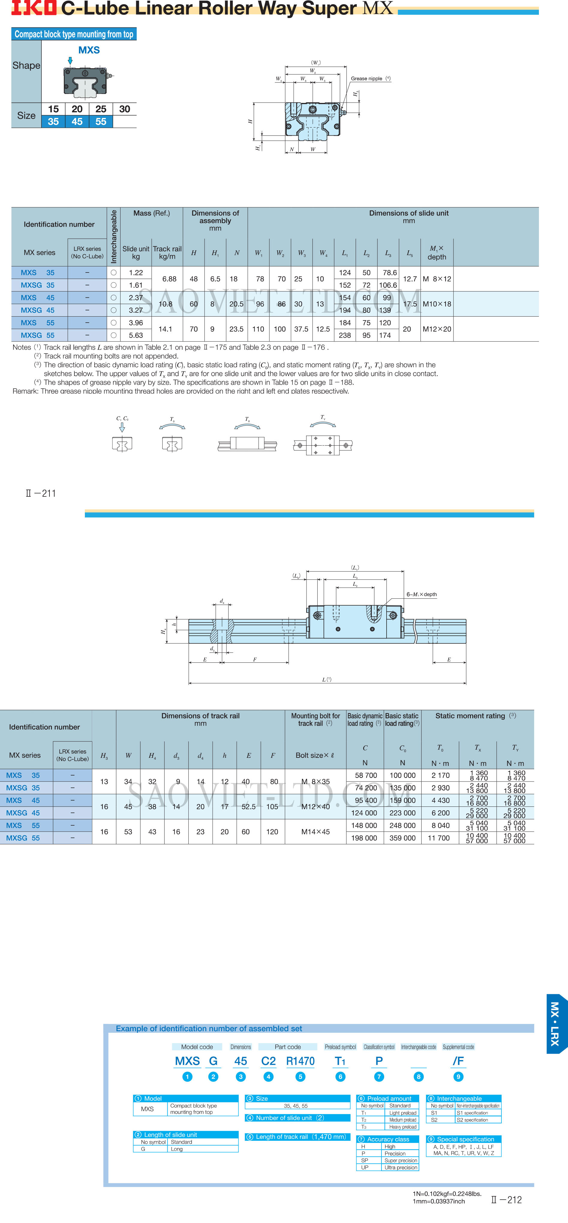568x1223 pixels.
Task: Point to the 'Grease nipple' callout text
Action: [x=366, y=79]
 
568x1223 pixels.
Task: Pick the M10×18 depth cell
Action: [x=437, y=304]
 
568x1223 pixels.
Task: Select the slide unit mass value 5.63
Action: [x=136, y=335]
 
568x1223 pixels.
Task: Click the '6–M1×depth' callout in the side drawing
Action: [x=421, y=595]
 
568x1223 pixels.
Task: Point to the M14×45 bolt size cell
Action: [x=315, y=832]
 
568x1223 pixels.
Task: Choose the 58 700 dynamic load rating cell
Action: [x=366, y=775]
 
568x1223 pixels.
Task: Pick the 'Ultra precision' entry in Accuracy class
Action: [x=400, y=1167]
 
